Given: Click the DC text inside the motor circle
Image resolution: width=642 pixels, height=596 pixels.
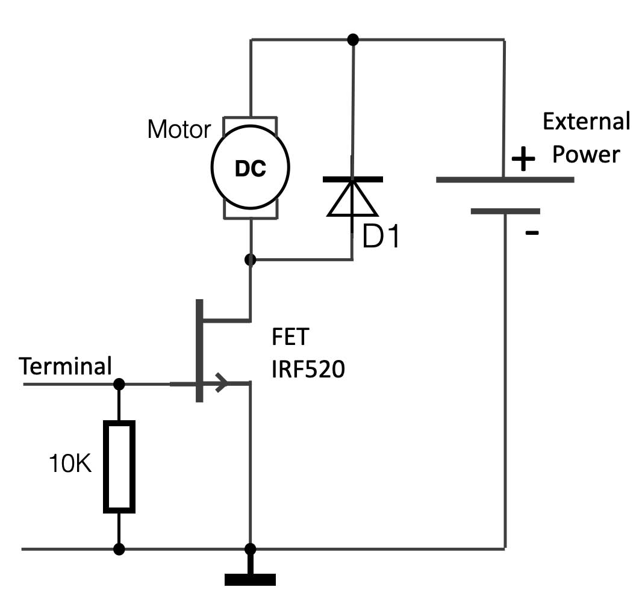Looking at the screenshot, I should [x=250, y=169].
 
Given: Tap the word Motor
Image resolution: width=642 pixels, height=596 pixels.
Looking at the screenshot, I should [x=179, y=129].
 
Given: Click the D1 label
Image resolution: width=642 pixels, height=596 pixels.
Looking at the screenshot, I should [x=381, y=238].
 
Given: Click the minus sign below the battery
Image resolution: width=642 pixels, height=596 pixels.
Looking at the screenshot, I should [x=532, y=233].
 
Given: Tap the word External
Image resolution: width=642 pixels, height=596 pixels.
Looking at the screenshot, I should [x=586, y=122].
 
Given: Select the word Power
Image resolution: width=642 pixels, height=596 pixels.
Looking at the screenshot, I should [x=586, y=155].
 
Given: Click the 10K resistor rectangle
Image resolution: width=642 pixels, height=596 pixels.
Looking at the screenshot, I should [x=119, y=467].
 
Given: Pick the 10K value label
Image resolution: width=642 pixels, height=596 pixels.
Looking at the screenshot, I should [x=70, y=464].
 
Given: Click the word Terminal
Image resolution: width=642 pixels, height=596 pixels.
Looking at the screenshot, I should [x=65, y=366].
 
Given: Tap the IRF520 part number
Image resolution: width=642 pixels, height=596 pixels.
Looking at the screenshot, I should [x=308, y=369].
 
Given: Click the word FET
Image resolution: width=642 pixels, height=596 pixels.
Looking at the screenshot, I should [x=289, y=337].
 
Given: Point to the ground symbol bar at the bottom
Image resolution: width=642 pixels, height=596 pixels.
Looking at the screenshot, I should [x=250, y=579].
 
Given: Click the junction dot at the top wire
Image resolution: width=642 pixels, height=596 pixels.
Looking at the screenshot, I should [x=354, y=40].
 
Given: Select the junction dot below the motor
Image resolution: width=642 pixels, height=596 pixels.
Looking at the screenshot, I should [x=251, y=260].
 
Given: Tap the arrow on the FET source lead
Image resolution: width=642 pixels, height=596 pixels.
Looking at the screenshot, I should [x=221, y=382].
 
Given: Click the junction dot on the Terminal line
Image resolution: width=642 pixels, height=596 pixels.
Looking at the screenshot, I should [x=119, y=383].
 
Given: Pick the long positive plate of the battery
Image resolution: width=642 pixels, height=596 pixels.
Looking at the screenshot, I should [x=505, y=179].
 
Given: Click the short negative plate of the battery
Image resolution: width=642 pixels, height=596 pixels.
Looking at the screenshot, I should [x=505, y=211].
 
